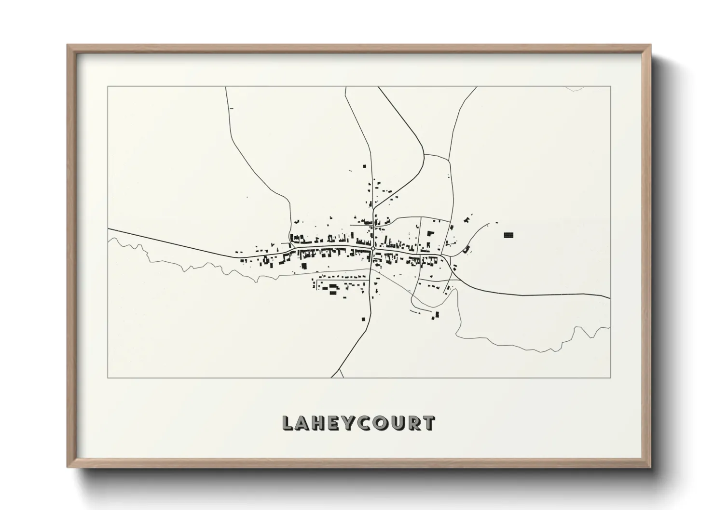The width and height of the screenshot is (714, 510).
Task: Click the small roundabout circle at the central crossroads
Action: click(373, 249)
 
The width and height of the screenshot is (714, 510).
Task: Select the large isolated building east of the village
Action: click(508, 235)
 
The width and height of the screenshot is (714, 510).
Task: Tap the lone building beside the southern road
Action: click(363, 319)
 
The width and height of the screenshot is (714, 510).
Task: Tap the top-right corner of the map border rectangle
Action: click(610, 86)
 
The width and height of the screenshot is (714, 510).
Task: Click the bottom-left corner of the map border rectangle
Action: click(108, 377)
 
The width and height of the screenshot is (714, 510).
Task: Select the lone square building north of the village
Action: click(365, 165)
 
